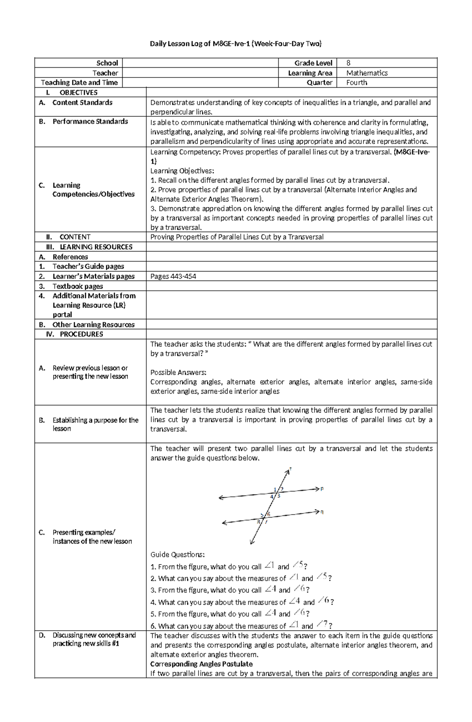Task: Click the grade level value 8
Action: pos(348,63)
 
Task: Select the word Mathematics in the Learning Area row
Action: pos(367,73)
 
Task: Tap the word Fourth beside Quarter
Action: pos(356,83)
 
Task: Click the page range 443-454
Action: pos(183,276)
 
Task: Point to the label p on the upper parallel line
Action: pos(322,489)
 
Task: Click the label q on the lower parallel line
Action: pos(322,512)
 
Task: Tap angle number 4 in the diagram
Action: pos(272,497)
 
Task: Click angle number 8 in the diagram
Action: pos(258,522)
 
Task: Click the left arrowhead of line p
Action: pos(221,498)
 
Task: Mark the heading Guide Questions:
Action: pos(177,555)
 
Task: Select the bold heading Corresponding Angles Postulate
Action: pos(201,664)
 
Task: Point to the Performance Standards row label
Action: pos(90,122)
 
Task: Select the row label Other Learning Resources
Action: pos(93,325)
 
